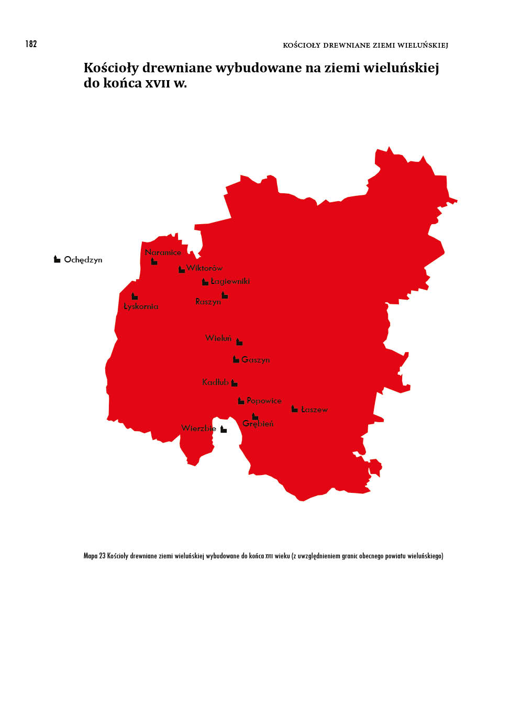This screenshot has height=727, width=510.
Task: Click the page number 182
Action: pos(31,44)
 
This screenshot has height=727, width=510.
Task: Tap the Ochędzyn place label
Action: pos(83,260)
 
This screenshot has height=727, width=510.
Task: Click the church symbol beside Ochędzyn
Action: pos(57,259)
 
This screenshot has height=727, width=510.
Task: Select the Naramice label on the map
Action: pos(163,252)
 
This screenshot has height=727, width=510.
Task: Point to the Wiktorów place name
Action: pos(204,268)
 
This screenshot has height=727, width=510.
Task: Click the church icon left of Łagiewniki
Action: pos(205,282)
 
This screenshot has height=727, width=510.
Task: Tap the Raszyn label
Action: pos(208,302)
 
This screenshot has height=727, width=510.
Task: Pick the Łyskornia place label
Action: pos(141,306)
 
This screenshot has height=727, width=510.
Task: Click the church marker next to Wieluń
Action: pos(239,342)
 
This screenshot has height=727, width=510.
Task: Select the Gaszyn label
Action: pos(256,360)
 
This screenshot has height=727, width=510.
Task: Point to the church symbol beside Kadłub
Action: pos(234,383)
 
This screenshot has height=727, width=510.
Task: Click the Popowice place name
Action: pos(264,401)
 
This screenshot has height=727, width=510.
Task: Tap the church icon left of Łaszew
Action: pos(295,409)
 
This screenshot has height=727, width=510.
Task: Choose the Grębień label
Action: pos(258,424)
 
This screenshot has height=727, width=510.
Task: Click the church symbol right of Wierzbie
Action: pos(224,429)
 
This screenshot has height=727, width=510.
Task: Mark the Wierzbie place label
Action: pos(198,428)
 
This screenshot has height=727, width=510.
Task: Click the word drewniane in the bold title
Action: pos(177,68)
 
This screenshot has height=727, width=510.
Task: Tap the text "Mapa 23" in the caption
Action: pos(94,556)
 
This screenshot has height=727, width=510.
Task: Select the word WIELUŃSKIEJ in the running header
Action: pos(423,45)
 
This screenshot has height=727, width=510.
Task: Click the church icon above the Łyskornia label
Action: pos(135,296)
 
